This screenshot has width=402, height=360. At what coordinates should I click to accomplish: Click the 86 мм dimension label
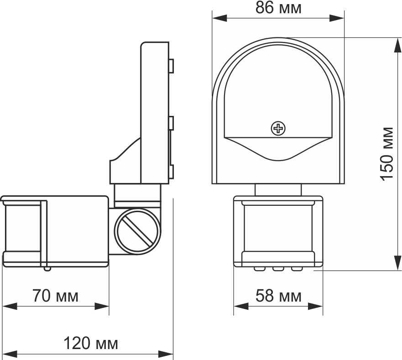coord(278,8)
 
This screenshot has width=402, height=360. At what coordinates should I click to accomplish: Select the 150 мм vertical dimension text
coord(387,154)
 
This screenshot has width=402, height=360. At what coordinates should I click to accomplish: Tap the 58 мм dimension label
coord(278,296)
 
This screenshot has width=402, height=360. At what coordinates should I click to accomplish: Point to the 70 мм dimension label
coord(55,296)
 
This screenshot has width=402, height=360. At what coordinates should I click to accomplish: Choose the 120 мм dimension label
coord(90,344)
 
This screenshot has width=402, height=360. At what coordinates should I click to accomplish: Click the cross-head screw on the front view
coord(278,128)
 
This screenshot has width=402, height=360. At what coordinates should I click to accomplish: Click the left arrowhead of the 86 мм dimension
coord(220,18)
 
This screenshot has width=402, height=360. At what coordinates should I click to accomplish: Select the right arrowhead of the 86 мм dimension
coord(337,18)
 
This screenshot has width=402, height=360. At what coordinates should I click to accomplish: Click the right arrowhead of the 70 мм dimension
coord(102,306)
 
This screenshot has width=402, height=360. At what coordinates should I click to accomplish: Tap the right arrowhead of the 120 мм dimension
coord(166,354)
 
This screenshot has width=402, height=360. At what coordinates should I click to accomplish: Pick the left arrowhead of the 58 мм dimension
coord(241,306)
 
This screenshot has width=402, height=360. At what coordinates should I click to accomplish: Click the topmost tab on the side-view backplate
coord(171,66)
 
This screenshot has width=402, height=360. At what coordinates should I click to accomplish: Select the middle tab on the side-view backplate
coord(171,123)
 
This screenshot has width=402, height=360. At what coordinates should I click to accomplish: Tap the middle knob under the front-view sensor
coord(278,269)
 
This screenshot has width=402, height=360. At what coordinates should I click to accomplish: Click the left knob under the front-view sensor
coord(260,269)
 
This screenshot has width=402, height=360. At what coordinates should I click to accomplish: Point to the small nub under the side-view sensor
coord(47,269)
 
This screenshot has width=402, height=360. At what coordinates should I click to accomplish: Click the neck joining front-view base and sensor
coord(278,190)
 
